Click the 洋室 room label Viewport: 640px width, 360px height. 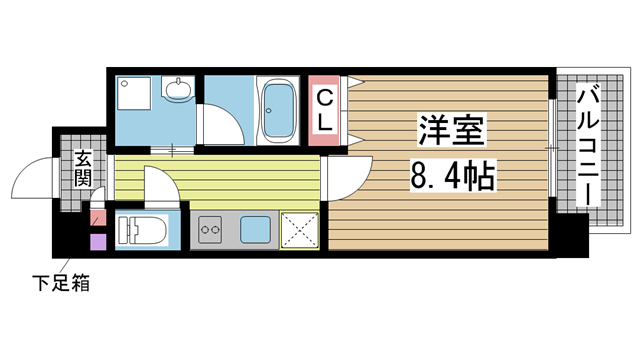pyautogui.click(x=452, y=131)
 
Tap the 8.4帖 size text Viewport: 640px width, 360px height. pyautogui.click(x=452, y=179)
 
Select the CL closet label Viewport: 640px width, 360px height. pyautogui.click(x=326, y=111)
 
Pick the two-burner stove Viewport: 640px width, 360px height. pyautogui.click(x=212, y=231)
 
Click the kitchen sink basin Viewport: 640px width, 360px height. pyautogui.click(x=255, y=230)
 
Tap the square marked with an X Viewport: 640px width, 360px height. pyautogui.click(x=299, y=230)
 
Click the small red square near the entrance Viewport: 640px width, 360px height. pyautogui.click(x=97, y=218)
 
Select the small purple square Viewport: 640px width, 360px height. pyautogui.click(x=97, y=240)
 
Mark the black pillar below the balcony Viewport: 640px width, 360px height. pyautogui.click(x=571, y=234)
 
